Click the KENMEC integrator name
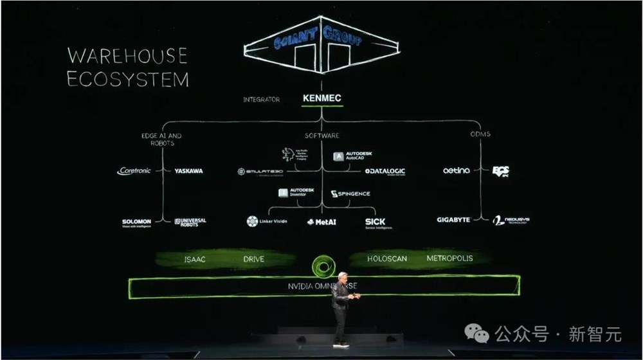(x=322, y=98)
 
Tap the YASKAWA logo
(x=188, y=171)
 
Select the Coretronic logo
(x=134, y=171)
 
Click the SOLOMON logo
(x=136, y=222)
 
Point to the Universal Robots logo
(x=190, y=222)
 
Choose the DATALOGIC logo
(x=385, y=172)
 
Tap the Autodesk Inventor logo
(x=297, y=192)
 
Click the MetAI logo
(x=321, y=222)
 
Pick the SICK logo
(x=377, y=222)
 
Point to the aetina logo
(x=457, y=171)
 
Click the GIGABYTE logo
(x=453, y=220)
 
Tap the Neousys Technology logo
(x=511, y=221)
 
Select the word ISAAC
(x=195, y=259)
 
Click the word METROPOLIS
(x=449, y=258)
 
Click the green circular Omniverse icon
(x=321, y=265)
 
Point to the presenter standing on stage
(x=341, y=309)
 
